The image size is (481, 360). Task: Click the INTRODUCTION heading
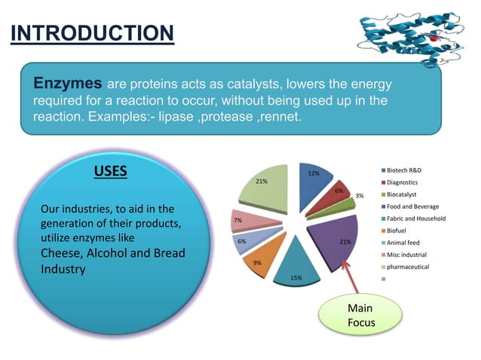(x=92, y=33)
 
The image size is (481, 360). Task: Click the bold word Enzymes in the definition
(x=67, y=81)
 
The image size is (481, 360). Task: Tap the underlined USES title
(x=110, y=171)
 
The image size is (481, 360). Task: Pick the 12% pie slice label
(x=314, y=174)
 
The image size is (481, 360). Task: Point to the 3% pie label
(x=360, y=196)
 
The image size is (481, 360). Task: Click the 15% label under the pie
(x=296, y=278)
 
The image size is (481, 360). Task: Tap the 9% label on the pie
(x=257, y=263)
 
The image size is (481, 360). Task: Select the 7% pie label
(x=237, y=221)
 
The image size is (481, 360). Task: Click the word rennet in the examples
(x=282, y=119)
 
